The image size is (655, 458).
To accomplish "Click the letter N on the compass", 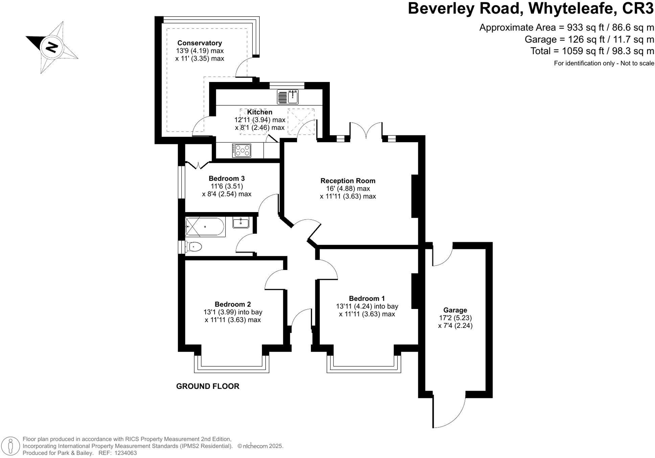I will pyautogui.click(x=51, y=47).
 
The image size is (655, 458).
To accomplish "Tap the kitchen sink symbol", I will pyautogui.click(x=288, y=97).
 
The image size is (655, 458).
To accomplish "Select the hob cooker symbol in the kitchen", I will pyautogui.click(x=242, y=150).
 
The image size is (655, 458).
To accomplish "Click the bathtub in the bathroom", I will pyautogui.click(x=205, y=227).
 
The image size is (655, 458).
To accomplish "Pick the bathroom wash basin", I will pyautogui.click(x=241, y=223).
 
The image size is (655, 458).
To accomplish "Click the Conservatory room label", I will pyautogui.click(x=200, y=43).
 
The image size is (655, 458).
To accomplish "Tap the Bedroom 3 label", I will pyautogui.click(x=226, y=179).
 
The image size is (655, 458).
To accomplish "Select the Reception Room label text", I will pyautogui.click(x=348, y=181).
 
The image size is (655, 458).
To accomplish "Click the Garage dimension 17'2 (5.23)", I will pyautogui.click(x=455, y=318).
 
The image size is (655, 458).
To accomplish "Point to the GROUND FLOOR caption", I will pyautogui.click(x=207, y=386).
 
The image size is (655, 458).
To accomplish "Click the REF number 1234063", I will pyautogui.click(x=126, y=453).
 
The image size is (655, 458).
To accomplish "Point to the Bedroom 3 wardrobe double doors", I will pyautogui.click(x=198, y=165).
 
